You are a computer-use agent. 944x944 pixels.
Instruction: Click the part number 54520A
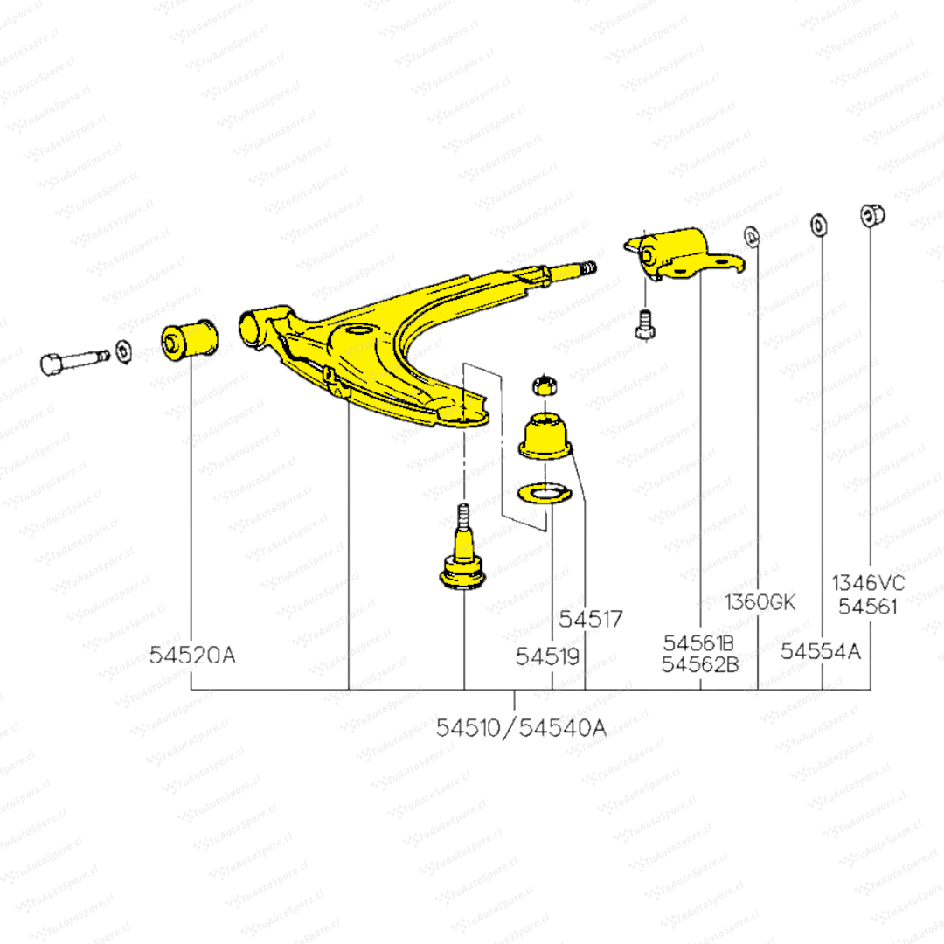(x=192, y=655)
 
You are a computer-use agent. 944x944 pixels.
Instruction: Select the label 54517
(x=591, y=620)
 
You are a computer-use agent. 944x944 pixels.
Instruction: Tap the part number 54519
(x=547, y=656)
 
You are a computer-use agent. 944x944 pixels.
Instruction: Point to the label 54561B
(x=698, y=643)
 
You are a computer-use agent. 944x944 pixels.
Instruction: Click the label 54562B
(x=699, y=664)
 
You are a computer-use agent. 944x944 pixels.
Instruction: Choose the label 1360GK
(x=760, y=602)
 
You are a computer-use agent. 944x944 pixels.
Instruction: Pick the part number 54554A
(x=821, y=651)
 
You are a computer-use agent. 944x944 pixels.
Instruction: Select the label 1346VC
(x=868, y=583)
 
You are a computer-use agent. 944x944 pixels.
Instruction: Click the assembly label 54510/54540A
(x=521, y=728)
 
